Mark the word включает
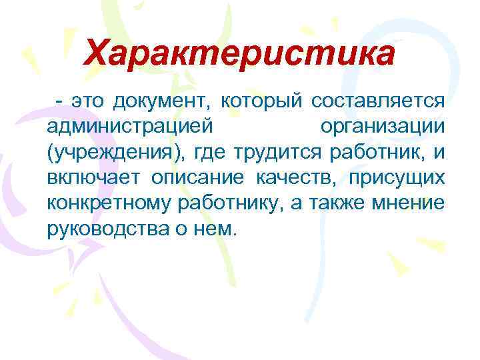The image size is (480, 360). (x=93, y=178)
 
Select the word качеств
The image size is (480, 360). (x=279, y=178)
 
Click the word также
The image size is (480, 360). (x=346, y=203)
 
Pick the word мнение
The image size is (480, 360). (x=412, y=203)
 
